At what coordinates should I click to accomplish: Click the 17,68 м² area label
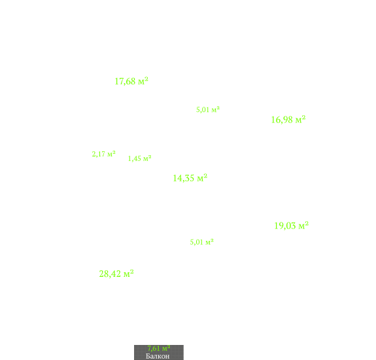[x=131, y=81]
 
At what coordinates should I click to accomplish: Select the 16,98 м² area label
[x=288, y=120]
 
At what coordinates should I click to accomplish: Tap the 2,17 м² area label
[x=103, y=154]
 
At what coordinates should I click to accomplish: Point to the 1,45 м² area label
[x=139, y=158]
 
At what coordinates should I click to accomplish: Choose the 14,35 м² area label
[x=190, y=178]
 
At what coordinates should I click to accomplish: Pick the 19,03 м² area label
[x=292, y=226]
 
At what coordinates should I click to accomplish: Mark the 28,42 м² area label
[x=116, y=274]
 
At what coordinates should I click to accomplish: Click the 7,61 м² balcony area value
[x=159, y=348]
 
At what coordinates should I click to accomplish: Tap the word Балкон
[x=158, y=356]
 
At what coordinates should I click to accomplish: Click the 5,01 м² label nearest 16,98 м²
[x=208, y=110]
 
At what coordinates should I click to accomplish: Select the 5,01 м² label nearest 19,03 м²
[x=201, y=242]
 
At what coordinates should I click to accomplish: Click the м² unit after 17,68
[x=143, y=81]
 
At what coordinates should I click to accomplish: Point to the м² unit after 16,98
[x=300, y=120]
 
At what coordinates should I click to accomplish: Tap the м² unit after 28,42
[x=129, y=274]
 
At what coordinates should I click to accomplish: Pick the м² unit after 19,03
[x=303, y=226]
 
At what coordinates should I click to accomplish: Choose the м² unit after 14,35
[x=202, y=178]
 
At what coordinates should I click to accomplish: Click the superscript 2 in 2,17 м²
[x=114, y=152]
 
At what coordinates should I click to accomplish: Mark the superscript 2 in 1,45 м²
[x=150, y=156]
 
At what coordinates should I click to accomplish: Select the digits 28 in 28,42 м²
[x=103, y=274]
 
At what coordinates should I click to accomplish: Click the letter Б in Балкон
[x=148, y=356]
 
